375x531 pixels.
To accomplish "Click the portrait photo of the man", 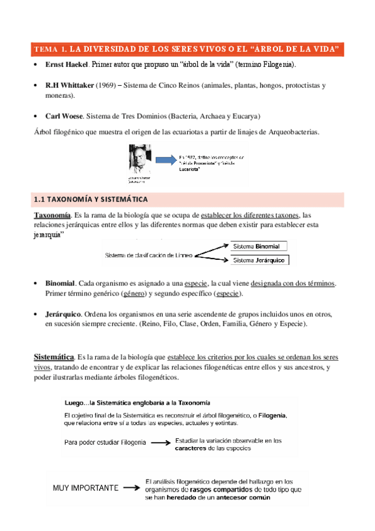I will pyautogui.click(x=141, y=160).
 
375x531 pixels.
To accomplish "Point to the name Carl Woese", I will pyautogui.click(x=64, y=116).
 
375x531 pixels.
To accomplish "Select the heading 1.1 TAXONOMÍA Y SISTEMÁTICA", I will pyautogui.click(x=90, y=200).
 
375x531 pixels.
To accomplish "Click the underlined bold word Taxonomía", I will pyautogui.click(x=51, y=215).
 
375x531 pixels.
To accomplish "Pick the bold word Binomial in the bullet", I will pyautogui.click(x=61, y=283).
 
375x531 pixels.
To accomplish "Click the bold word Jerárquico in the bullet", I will pyautogui.click(x=63, y=314).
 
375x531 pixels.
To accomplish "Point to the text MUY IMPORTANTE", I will pyautogui.click(x=86, y=487).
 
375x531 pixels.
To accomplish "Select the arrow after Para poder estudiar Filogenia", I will pyautogui.click(x=161, y=443).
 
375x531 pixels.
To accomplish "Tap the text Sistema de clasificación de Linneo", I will pyautogui.click(x=149, y=255).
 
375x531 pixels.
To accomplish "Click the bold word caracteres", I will pyautogui.click(x=193, y=448).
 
